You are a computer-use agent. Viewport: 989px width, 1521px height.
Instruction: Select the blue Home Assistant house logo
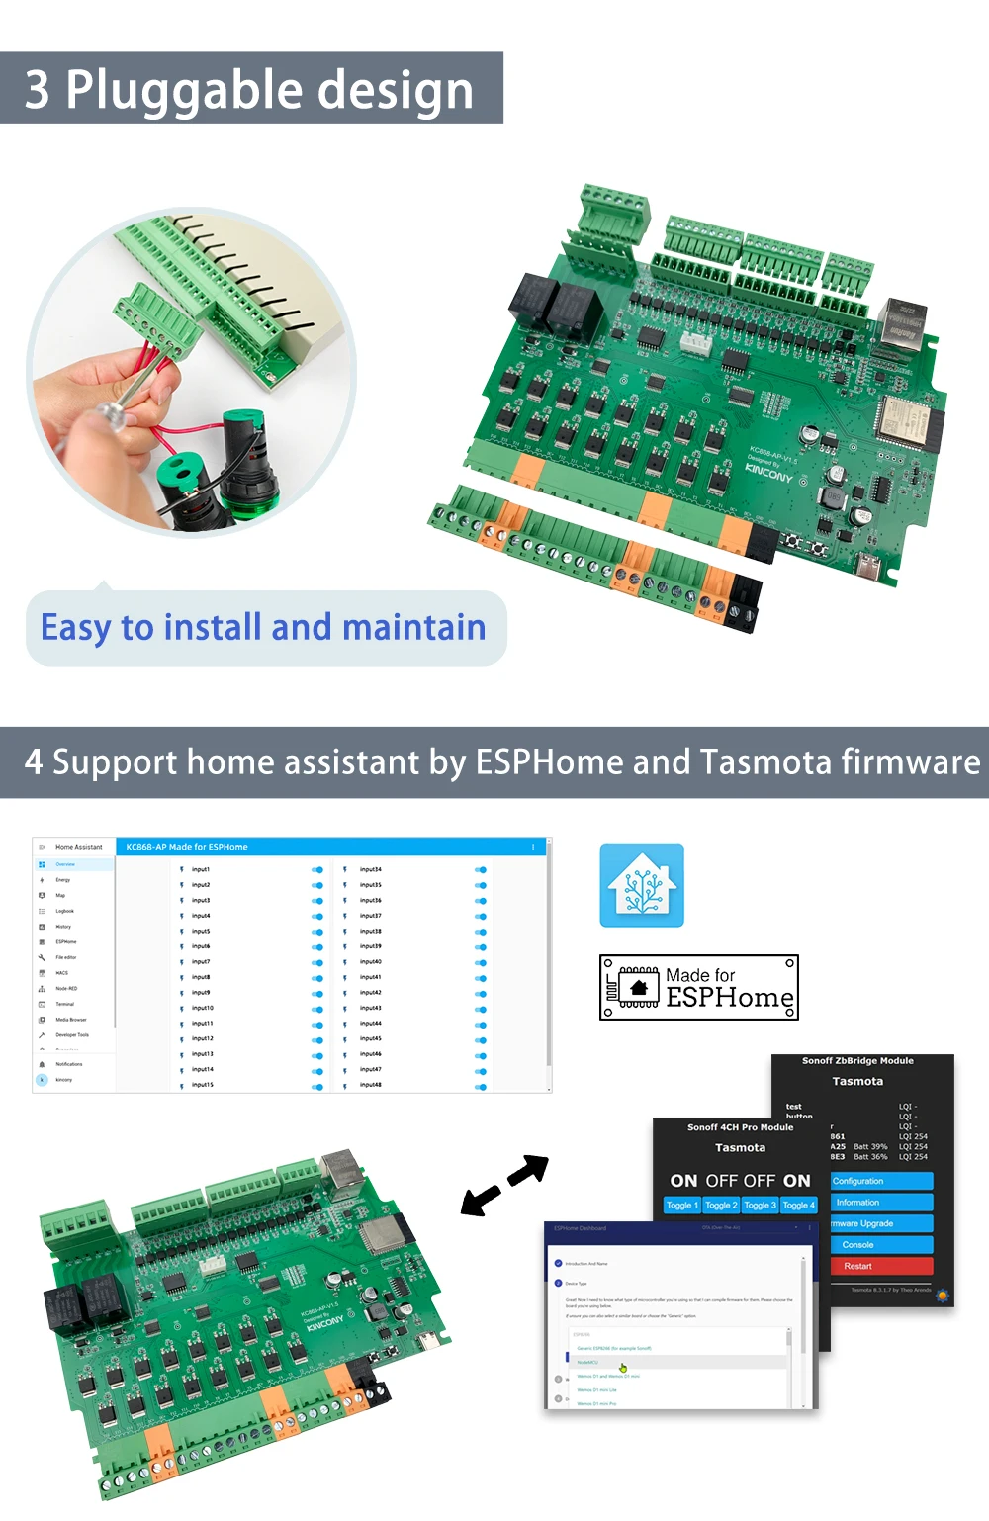tap(642, 885)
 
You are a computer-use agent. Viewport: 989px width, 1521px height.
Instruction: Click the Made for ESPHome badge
tap(698, 987)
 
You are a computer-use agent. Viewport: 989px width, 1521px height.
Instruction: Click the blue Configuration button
tap(881, 1181)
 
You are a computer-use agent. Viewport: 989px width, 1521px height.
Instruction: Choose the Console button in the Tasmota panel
tap(881, 1245)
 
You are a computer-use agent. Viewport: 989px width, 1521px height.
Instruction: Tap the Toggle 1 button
tap(681, 1206)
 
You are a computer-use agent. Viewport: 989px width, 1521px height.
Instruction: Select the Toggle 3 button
tap(760, 1206)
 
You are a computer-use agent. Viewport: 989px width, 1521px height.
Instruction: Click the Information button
tap(881, 1203)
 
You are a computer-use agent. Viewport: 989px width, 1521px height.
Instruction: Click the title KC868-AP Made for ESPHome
tap(187, 847)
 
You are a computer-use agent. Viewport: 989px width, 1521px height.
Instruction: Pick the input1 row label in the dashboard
tap(201, 869)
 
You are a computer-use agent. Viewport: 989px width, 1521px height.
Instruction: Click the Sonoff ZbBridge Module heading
tap(857, 1061)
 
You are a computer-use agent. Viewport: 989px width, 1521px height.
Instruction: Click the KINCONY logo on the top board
tap(769, 473)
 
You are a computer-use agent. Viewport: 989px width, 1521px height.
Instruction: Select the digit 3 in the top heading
tap(37, 90)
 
